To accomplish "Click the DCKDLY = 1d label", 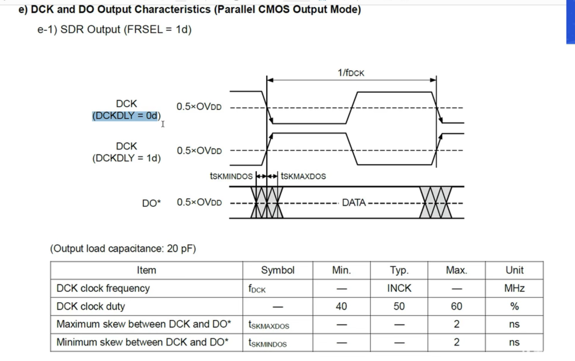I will [x=126, y=158].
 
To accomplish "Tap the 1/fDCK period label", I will [x=351, y=73].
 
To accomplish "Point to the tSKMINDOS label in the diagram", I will [x=231, y=176].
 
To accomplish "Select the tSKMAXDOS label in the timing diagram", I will [x=303, y=176].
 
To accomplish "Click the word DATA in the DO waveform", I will [x=354, y=203].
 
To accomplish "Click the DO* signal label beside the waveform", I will [x=152, y=203].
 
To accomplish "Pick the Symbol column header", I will [x=278, y=270].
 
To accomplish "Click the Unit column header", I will [x=514, y=270].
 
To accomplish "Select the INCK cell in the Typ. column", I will [x=399, y=289].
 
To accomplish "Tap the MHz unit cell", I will [x=514, y=289].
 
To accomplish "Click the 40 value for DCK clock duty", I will [x=341, y=306].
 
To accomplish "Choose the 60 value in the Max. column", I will [x=456, y=306].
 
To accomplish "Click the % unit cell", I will [x=514, y=306].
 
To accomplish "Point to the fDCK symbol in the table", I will [x=257, y=289].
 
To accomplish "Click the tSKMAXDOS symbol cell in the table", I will [x=269, y=325].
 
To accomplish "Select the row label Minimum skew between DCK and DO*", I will [x=142, y=342].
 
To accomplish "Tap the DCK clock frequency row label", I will [x=103, y=289].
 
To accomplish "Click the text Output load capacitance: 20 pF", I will [x=123, y=249].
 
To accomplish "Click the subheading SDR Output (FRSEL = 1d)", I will [x=114, y=30].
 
